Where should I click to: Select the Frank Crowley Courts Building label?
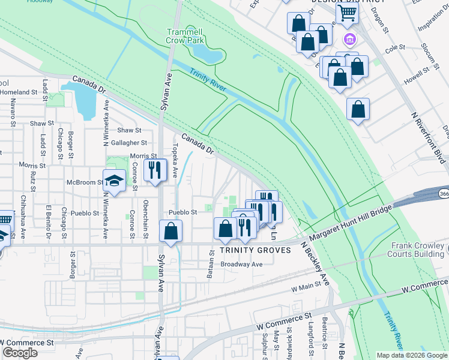(x=418, y=250)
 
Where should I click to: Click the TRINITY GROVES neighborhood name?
(x=255, y=250)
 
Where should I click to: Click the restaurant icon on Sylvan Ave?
(x=155, y=170)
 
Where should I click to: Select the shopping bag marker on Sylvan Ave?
(x=171, y=231)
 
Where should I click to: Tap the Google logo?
(x=20, y=352)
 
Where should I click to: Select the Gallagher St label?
(x=128, y=143)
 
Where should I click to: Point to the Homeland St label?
(x=19, y=92)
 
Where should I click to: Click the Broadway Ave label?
(x=242, y=265)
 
